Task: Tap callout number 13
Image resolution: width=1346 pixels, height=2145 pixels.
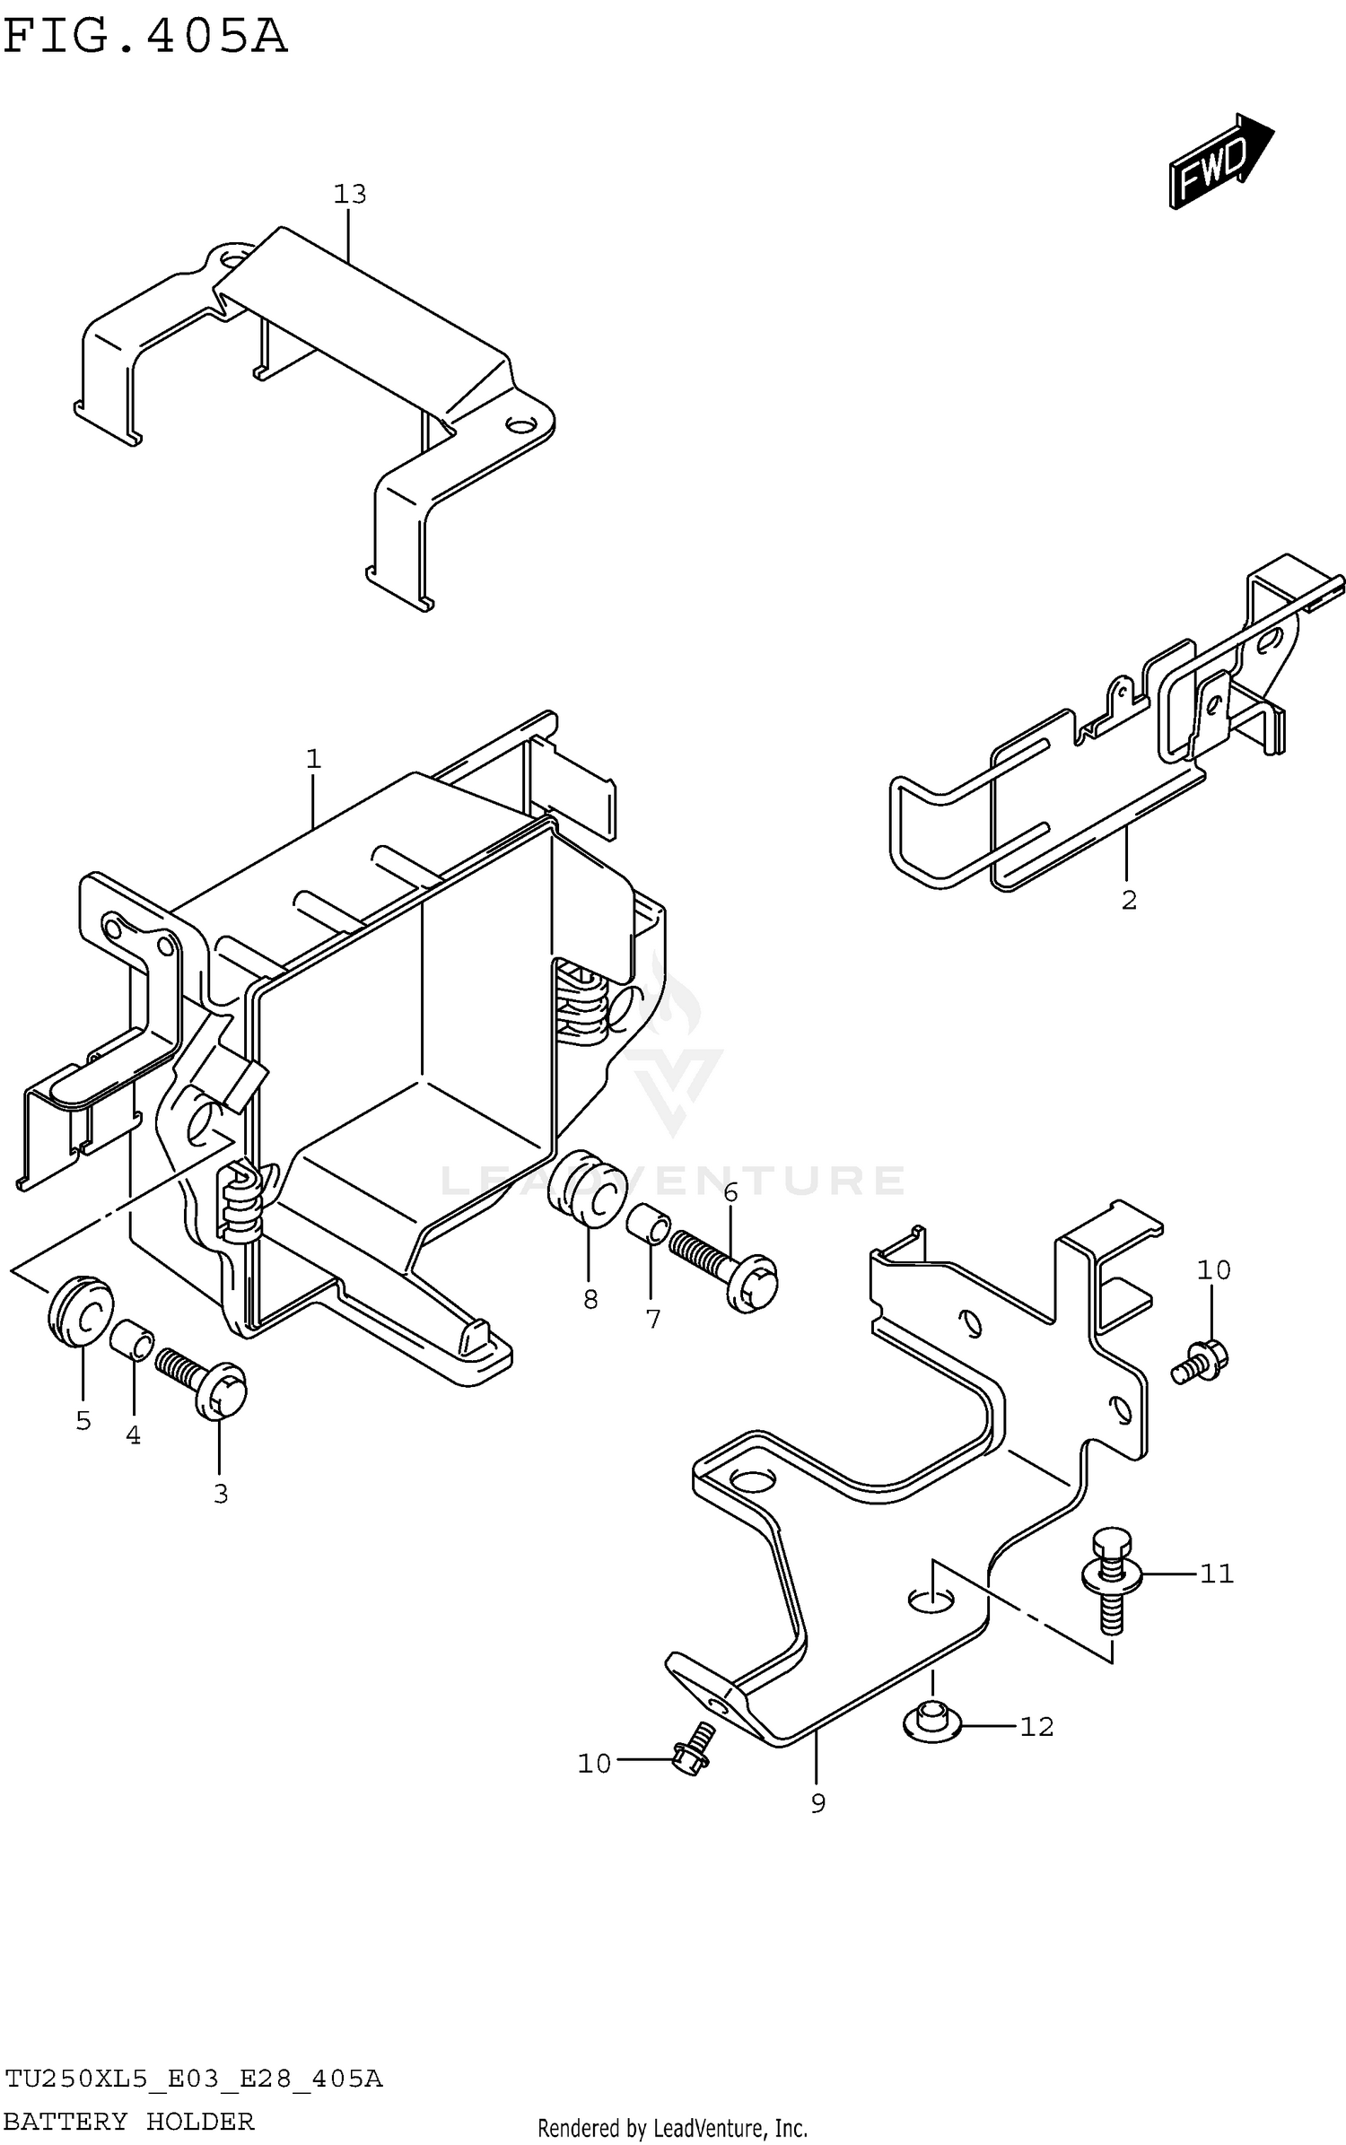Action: (x=350, y=194)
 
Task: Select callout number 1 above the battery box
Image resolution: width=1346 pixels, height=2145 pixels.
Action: (x=313, y=760)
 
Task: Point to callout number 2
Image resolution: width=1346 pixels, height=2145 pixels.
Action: (x=1129, y=900)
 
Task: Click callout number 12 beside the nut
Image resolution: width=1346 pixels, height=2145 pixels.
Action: (x=1036, y=1727)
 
